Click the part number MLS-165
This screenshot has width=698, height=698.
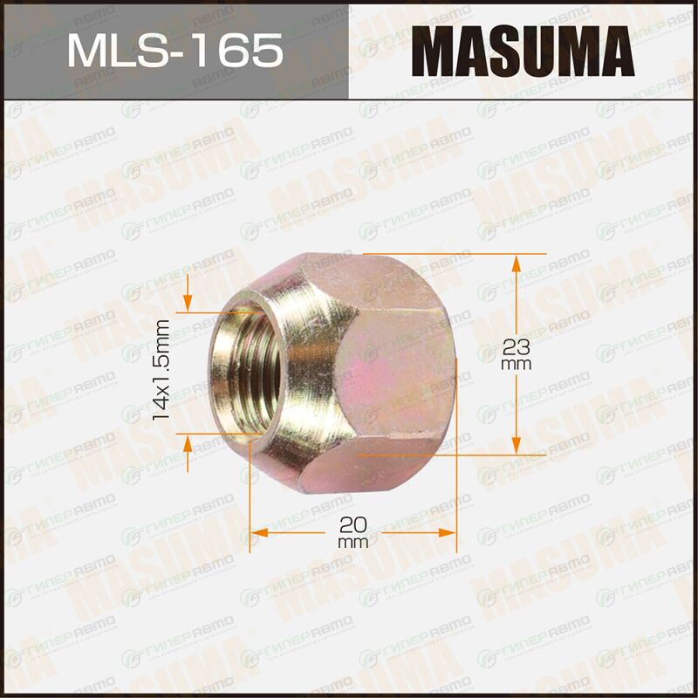coord(175,51)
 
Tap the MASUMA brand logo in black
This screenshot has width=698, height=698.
coord(523,51)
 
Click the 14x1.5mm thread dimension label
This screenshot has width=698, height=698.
coord(161,370)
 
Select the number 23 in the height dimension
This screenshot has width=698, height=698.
coord(516,347)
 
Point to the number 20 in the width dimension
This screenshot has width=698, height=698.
coord(353,525)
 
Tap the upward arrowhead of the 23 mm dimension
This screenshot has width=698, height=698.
coord(516,264)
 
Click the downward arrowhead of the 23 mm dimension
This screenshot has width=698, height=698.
coord(516,445)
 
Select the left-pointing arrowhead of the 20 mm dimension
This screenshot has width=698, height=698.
coord(259,532)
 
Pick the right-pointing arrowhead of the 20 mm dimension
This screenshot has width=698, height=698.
coord(448,532)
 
